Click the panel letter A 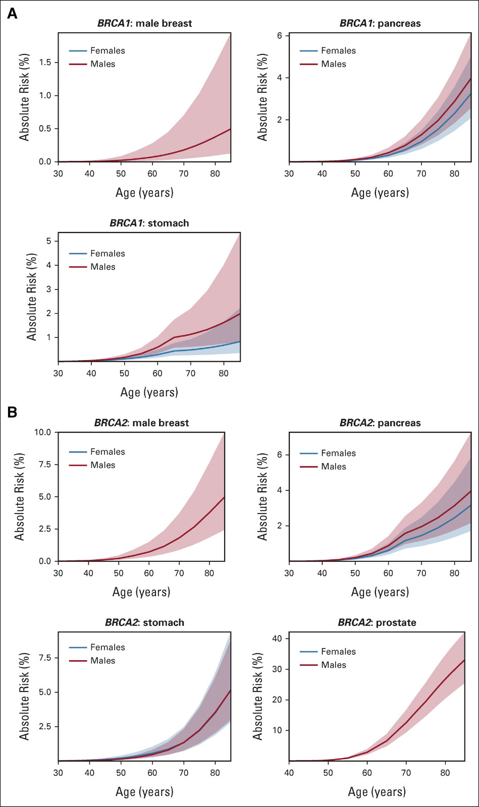pos(12,14)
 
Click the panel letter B pos(12,412)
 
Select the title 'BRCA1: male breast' pos(144,23)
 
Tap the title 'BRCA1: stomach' pos(149,223)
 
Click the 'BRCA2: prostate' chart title pos(377,622)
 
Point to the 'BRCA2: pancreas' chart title pos(380,423)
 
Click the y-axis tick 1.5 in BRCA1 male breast pos(45,63)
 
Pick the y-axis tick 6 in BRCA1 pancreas pos(279,36)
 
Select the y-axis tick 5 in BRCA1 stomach pos(49,241)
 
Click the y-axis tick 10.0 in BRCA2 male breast pos(42,432)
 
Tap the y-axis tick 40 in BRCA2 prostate pos(277,639)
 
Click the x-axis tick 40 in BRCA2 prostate pos(289,773)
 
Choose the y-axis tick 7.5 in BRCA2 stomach pos(45,658)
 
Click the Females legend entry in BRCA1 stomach pos(108,253)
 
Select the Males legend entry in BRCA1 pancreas pos(334,64)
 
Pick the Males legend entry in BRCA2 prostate pos(334,665)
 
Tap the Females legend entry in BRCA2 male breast pos(108,452)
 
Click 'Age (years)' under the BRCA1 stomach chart pos(149,392)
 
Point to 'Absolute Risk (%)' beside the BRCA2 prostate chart pos(258,696)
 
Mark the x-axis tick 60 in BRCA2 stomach pos(152,773)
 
